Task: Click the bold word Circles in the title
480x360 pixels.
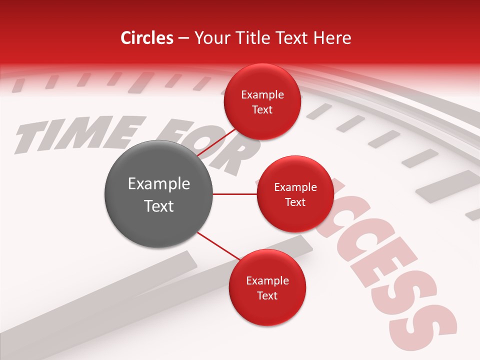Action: (147, 38)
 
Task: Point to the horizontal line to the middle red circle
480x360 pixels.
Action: (235, 194)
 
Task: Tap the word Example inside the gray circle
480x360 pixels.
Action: (159, 184)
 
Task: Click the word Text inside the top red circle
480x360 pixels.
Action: (262, 110)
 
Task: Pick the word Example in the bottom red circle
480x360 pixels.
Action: (267, 281)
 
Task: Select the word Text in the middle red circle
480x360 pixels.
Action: (295, 202)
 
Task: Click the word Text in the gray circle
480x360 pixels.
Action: (159, 206)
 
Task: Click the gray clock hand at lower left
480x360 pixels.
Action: (100, 300)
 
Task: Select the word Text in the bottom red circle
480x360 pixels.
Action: (267, 295)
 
